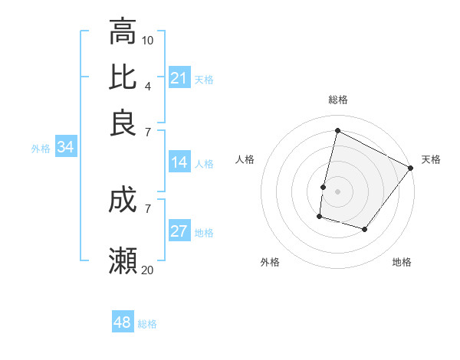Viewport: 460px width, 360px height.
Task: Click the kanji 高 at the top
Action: click(123, 32)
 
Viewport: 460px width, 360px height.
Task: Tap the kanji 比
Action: click(123, 77)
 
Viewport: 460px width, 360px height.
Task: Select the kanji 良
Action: click(123, 123)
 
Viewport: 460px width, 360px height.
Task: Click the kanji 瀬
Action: click(123, 261)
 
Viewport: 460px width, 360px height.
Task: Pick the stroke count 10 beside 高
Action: click(148, 39)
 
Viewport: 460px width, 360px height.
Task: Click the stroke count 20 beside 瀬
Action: click(148, 269)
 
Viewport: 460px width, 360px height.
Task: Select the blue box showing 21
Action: click(179, 78)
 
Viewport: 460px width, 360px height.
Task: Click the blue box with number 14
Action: click(179, 162)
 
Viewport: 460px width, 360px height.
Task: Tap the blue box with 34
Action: click(65, 148)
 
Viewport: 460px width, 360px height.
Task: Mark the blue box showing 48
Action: click(123, 322)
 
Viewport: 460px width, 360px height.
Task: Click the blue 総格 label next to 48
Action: click(147, 324)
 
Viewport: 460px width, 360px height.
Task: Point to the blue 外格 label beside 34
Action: click(41, 149)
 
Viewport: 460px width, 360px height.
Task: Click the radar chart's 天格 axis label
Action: click(431, 159)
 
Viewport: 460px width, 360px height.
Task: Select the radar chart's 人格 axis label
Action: click(245, 159)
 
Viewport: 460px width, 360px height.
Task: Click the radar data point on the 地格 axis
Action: click(365, 229)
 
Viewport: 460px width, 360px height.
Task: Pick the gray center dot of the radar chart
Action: click(337, 191)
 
